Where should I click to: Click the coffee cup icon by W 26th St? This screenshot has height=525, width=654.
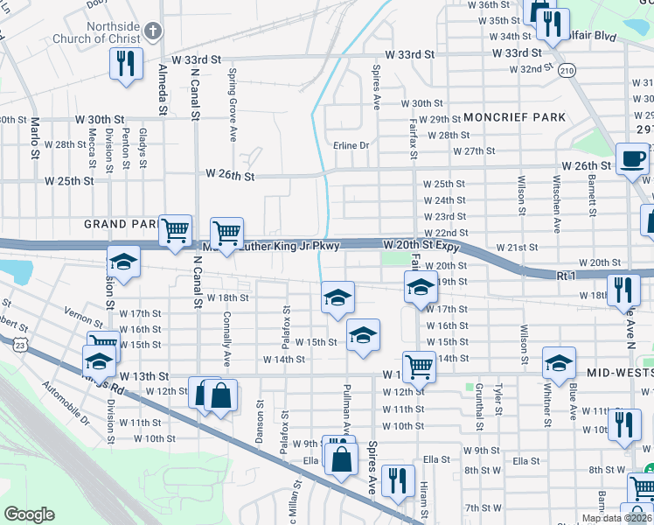[x=632, y=159]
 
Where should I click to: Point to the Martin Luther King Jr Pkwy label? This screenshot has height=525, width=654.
[x=271, y=248]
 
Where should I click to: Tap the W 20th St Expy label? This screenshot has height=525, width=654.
[x=421, y=248]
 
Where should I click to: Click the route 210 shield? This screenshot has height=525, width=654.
[x=568, y=70]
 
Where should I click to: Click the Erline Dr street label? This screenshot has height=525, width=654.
[x=351, y=145]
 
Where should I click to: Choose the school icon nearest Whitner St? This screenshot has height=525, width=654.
[x=559, y=362]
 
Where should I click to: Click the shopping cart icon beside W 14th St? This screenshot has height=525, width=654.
[x=419, y=366]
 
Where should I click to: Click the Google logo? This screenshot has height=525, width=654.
[x=29, y=514]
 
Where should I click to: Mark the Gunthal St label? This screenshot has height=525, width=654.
[x=480, y=411]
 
